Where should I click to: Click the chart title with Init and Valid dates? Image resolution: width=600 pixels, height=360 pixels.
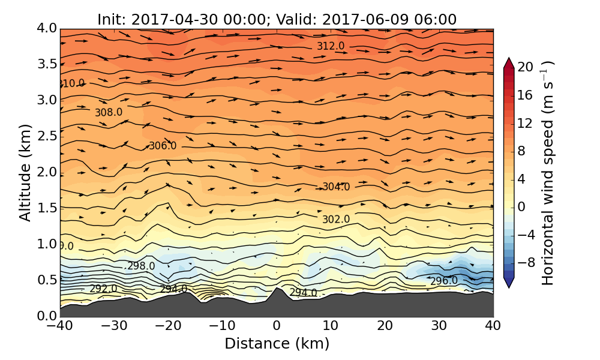(x=277, y=19)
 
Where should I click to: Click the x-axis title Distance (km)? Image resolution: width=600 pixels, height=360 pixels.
(x=277, y=344)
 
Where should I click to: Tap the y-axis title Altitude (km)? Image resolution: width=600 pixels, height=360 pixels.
(x=25, y=172)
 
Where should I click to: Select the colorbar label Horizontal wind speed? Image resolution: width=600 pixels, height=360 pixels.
(x=548, y=173)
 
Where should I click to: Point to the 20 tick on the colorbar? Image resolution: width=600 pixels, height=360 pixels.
(x=526, y=67)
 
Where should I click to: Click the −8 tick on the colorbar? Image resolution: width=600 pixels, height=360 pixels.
(x=526, y=262)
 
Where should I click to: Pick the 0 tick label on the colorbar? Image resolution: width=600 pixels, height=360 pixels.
(x=521, y=206)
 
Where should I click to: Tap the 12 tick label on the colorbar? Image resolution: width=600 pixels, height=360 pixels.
(x=526, y=123)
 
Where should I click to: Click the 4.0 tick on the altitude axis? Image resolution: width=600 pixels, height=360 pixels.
(x=47, y=28)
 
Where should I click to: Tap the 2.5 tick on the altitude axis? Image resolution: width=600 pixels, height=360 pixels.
(x=47, y=136)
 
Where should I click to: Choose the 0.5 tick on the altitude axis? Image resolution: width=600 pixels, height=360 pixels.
(x=47, y=280)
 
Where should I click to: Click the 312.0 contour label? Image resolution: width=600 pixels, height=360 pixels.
(x=331, y=46)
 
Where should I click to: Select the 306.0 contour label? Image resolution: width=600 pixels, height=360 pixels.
(x=163, y=146)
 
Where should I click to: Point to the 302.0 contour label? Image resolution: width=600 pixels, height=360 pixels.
(x=336, y=220)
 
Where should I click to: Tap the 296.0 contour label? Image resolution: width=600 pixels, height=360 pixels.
(x=444, y=281)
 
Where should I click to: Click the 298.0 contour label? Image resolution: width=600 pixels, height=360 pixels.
(x=141, y=266)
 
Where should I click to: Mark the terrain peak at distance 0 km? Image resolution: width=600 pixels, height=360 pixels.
(x=276, y=289)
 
